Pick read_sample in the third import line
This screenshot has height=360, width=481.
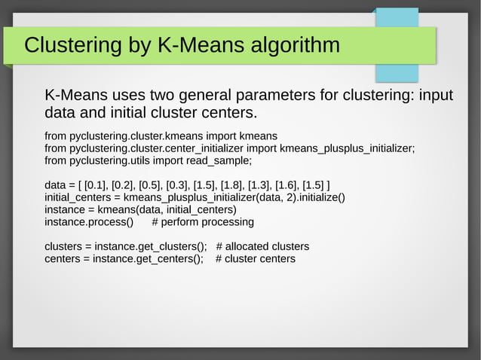pos(219,160)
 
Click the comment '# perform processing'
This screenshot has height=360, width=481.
pos(203,222)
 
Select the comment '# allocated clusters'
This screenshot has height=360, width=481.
pos(262,247)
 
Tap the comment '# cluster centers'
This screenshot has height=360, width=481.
pos(256,259)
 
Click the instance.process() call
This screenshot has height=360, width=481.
pos(89,222)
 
